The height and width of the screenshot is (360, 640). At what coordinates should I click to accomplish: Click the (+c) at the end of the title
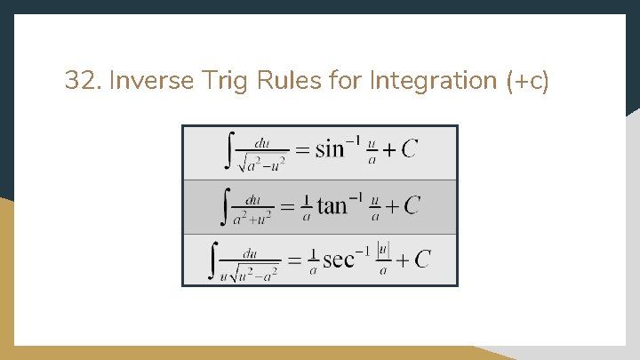[x=528, y=82]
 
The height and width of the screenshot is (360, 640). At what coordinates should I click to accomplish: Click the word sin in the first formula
[x=329, y=149]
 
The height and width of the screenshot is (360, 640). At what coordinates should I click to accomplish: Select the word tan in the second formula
[x=332, y=206]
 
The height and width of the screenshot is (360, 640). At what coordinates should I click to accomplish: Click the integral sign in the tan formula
[x=225, y=206]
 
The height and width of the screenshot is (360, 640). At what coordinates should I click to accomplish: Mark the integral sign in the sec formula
[x=213, y=260]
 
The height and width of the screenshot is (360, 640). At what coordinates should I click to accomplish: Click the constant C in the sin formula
[x=408, y=149]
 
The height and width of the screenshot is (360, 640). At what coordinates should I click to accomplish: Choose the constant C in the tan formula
[x=412, y=206]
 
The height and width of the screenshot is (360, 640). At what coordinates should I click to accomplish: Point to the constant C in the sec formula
[x=421, y=259]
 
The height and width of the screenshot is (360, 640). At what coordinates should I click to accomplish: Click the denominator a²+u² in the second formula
[x=252, y=219]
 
